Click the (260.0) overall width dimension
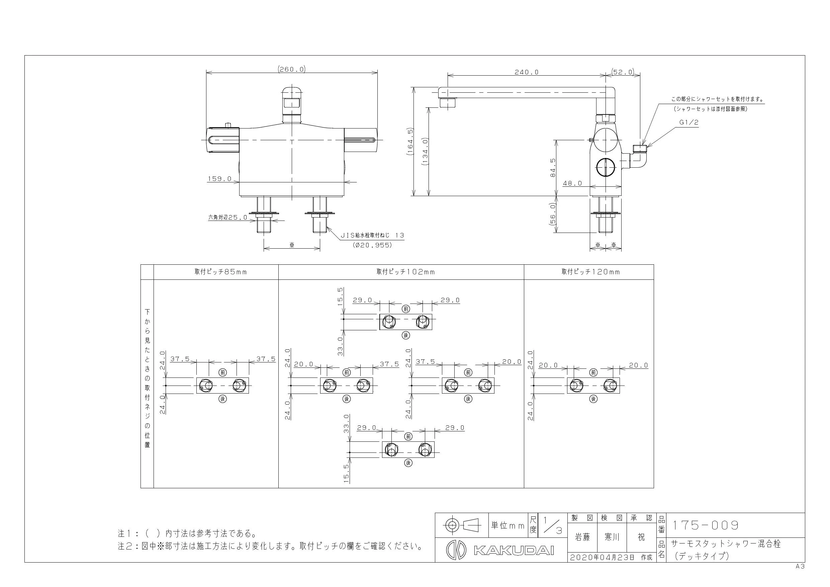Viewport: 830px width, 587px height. [292, 69]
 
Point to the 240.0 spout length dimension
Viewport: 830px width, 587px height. [526, 72]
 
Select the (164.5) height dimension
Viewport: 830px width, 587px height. [410, 142]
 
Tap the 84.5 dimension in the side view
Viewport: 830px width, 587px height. [553, 168]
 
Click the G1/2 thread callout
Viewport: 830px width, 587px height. [688, 122]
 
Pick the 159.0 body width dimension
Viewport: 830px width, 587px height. [219, 179]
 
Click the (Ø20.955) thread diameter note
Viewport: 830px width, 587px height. [372, 245]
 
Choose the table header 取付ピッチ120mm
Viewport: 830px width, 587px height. [591, 272]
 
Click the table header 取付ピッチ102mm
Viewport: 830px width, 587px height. [405, 272]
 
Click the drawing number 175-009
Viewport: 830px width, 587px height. [705, 525]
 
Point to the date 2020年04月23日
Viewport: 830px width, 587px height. [602, 557]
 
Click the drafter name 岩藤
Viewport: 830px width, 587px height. [582, 537]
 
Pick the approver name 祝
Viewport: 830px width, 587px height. [641, 537]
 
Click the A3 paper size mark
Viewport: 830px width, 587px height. [800, 566]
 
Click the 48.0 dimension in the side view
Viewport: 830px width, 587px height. [572, 183]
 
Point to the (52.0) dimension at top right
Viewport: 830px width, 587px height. [623, 72]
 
